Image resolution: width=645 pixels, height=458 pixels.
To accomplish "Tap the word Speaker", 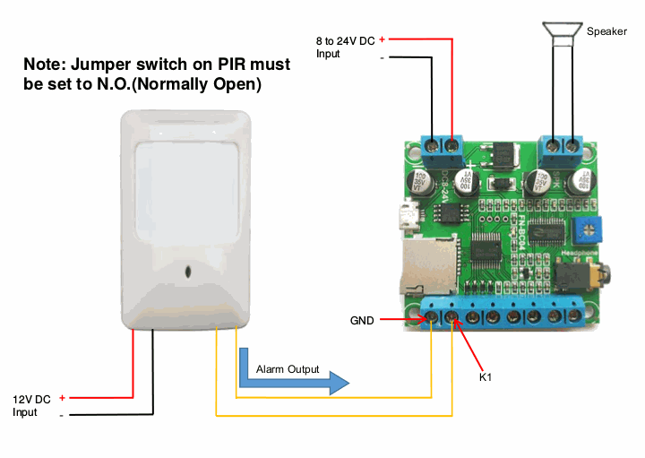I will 607,31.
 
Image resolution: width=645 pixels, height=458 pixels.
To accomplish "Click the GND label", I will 362,319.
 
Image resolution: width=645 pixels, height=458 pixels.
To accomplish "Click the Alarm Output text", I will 287,369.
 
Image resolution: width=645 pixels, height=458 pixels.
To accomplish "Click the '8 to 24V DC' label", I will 345,40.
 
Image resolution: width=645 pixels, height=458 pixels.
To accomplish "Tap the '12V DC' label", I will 31,399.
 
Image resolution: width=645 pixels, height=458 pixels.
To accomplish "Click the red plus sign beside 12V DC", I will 62,397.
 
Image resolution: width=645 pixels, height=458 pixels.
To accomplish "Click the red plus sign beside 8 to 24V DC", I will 383,39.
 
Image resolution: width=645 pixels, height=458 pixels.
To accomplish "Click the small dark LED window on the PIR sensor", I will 188,272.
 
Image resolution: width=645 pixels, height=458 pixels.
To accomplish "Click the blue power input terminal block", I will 442,144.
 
